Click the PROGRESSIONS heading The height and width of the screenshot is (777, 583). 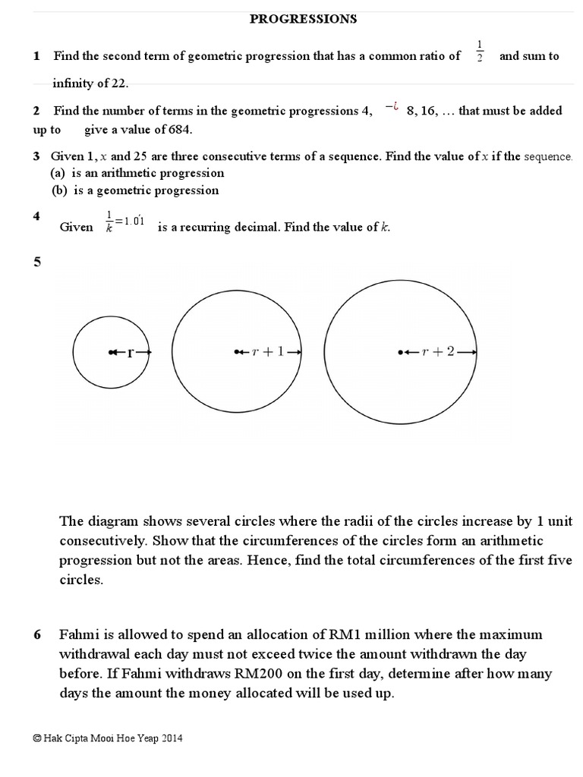pos(304,19)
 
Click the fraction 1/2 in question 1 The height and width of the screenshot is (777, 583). pos(479,51)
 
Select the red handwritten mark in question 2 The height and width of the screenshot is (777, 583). pos(392,109)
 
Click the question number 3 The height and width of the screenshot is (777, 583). pos(36,156)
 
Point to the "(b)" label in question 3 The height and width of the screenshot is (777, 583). pos(59,190)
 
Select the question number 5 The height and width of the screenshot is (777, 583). pos(36,262)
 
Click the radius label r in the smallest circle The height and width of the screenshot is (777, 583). pos(131,352)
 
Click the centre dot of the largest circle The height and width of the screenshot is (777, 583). pos(400,352)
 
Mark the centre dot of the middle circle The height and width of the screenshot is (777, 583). pos(238,351)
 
